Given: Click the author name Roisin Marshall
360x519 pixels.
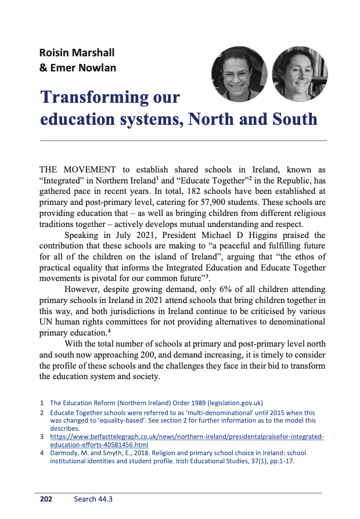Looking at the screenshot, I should click(77, 53).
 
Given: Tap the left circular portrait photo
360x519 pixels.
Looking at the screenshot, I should click(239, 74).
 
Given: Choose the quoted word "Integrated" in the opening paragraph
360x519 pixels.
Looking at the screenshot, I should click(60, 180).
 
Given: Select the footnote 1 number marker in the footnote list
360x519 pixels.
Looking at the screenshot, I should click(42, 402).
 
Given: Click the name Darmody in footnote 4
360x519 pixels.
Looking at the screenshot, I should click(66, 453).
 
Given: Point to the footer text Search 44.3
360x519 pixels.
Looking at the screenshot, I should click(93, 499).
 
